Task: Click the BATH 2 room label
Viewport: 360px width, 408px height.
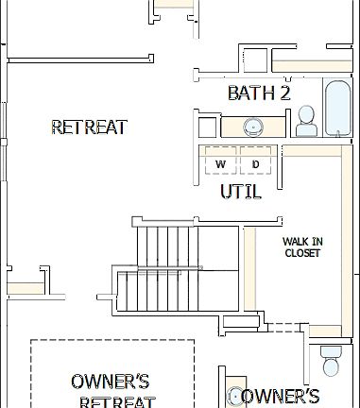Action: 258,93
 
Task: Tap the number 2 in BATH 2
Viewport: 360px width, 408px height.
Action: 283,93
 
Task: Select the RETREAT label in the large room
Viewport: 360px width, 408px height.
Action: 89,127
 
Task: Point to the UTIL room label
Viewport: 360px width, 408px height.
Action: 240,191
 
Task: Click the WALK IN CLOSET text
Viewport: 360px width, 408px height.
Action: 301,247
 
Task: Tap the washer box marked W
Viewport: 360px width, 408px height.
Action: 220,162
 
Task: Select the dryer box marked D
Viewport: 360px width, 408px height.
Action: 256,162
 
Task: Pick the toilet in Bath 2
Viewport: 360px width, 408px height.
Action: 305,121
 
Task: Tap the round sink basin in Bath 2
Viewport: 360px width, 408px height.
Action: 252,127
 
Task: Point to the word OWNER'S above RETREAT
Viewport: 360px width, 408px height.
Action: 111,382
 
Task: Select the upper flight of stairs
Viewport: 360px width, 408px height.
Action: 165,246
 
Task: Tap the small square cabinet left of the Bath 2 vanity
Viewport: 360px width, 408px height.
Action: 207,127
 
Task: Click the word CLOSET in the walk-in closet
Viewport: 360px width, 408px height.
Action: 301,253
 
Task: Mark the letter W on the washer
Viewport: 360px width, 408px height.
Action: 220,164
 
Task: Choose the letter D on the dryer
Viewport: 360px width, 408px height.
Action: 256,164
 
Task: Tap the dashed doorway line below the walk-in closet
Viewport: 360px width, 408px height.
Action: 282,327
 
